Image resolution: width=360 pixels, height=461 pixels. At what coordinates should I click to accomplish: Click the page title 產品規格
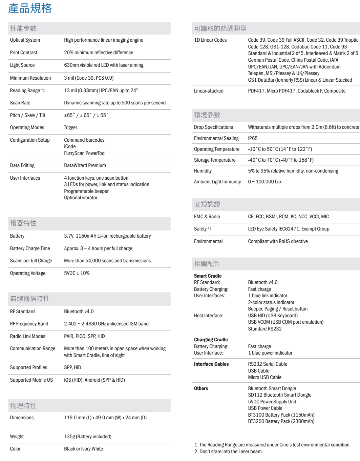(x=30, y=8)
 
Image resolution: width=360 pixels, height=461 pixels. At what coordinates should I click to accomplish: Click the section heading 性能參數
(x=23, y=28)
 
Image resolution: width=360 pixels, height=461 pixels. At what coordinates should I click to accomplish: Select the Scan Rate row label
(x=20, y=103)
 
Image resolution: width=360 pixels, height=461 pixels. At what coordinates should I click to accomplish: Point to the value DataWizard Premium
(x=85, y=165)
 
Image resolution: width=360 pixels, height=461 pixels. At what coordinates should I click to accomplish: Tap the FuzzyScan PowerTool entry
(x=85, y=153)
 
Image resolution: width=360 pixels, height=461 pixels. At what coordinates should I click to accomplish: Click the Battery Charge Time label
(x=30, y=248)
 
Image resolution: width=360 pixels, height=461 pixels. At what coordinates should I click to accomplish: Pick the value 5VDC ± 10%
(x=77, y=273)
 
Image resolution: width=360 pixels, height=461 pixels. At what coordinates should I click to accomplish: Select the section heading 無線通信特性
(x=30, y=299)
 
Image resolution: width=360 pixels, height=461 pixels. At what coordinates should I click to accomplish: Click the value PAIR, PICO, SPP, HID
(x=84, y=336)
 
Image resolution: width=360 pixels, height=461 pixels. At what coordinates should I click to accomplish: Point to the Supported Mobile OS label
(x=31, y=380)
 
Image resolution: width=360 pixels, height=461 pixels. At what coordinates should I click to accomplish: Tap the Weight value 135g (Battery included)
(x=88, y=437)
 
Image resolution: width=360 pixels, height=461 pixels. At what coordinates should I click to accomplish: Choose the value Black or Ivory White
(x=84, y=449)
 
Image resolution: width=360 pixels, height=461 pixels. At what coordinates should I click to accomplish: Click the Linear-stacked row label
(x=209, y=91)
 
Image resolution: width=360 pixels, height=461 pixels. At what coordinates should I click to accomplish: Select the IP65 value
(x=253, y=138)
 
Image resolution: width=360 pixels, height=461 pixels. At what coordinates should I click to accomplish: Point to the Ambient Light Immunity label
(x=217, y=182)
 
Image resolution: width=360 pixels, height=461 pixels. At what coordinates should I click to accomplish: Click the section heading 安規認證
(x=207, y=204)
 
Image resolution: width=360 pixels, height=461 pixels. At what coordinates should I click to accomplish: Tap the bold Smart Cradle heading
(x=208, y=276)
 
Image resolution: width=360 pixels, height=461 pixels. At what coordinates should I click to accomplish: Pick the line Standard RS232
(x=265, y=329)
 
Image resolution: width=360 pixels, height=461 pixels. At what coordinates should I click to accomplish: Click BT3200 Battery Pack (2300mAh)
(x=281, y=421)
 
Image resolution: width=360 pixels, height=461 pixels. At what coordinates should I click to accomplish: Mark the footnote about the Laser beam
(x=229, y=451)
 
